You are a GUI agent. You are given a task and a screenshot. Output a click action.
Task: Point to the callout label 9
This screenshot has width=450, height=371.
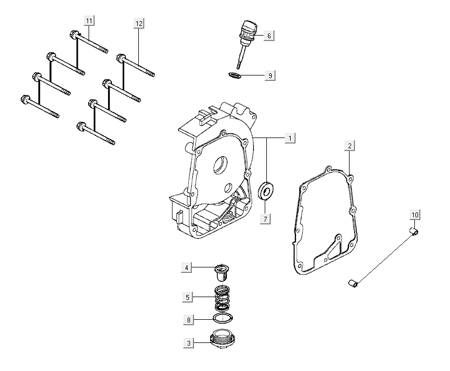pyautogui.click(x=269, y=75)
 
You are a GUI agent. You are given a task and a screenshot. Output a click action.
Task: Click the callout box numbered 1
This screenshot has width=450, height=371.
pyautogui.click(x=290, y=138)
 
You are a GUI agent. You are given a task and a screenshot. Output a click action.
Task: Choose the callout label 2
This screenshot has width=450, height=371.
pyautogui.click(x=350, y=146)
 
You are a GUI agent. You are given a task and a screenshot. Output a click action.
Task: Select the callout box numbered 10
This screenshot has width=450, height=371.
pyautogui.click(x=414, y=216)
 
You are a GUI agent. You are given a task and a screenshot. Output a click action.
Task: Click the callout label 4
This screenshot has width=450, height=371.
pyautogui.click(x=186, y=267)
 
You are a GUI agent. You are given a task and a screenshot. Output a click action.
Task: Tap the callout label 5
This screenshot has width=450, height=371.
pyautogui.click(x=186, y=297)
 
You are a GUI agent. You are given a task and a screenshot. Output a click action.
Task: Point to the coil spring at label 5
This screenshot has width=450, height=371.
pyautogui.click(x=222, y=298)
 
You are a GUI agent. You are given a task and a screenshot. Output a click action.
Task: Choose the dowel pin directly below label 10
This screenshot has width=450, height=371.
pyautogui.click(x=414, y=231)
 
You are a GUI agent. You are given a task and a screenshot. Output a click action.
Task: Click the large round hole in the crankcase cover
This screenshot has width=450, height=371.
pyautogui.click(x=220, y=166)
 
